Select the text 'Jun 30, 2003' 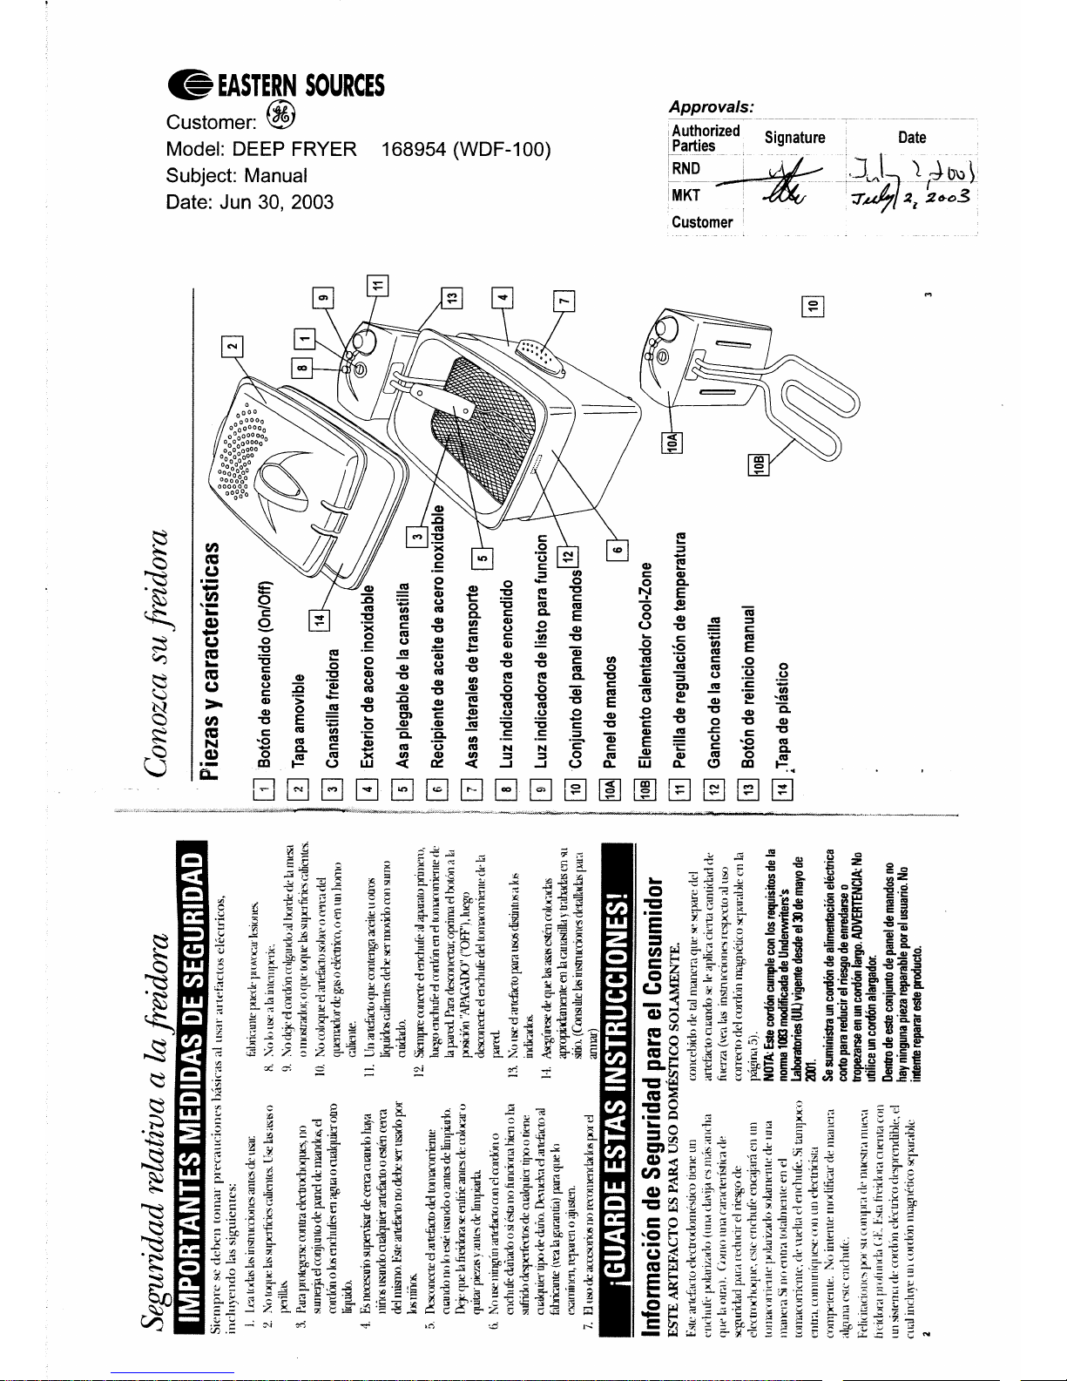coord(276,202)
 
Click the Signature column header coord(794,138)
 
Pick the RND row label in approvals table coord(685,168)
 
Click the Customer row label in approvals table coord(702,222)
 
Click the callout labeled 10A coord(672,442)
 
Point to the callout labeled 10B coord(759,465)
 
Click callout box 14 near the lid coord(321,619)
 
